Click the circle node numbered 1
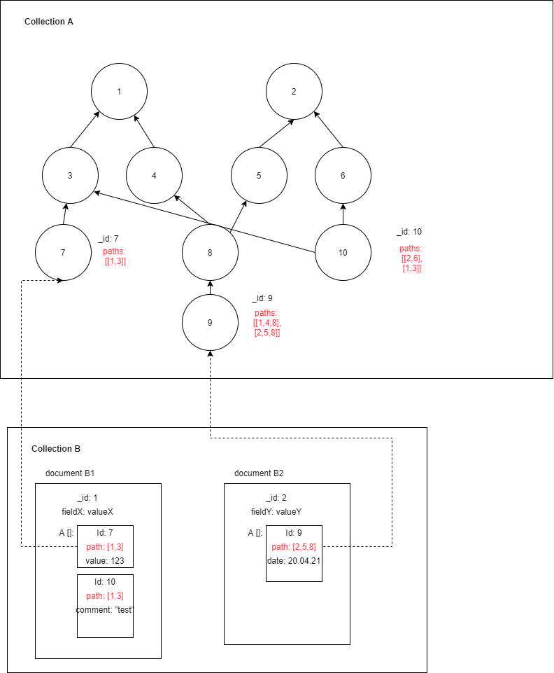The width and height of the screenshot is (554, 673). coord(119,91)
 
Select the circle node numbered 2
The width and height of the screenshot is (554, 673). coord(294,91)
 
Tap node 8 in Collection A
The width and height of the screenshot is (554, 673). coord(210,252)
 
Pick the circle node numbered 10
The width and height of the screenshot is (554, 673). coord(343,252)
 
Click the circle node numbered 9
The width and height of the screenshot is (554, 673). coord(210,322)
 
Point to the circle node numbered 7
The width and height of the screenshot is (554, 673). coord(63,252)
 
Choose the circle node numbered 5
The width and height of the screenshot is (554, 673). coord(259,175)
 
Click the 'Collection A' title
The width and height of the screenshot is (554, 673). coord(49,22)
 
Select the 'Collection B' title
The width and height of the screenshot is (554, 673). coord(56,448)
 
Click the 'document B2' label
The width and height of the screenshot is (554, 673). coord(259,473)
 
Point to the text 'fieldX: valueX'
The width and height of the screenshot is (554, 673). coord(87,512)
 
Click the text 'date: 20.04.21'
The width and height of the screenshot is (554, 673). coord(294,561)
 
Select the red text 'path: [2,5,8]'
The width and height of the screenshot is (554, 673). coord(294,547)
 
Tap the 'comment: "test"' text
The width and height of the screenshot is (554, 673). coord(105,610)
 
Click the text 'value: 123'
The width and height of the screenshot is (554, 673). coord(105,561)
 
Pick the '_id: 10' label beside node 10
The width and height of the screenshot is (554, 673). coord(409,232)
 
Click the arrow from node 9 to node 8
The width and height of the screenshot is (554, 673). coord(210,287)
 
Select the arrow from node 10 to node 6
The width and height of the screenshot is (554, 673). coord(343,214)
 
